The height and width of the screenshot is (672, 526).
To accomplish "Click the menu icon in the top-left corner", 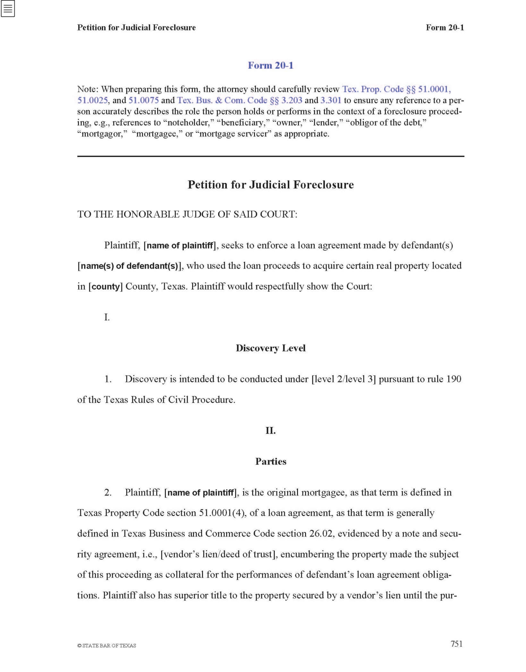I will [x=8, y=9].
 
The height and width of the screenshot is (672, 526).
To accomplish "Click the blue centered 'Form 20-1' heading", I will [x=270, y=65].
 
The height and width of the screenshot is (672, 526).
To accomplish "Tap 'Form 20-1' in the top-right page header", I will [x=445, y=28].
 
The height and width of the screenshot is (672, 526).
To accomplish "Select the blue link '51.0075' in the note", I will [x=143, y=100].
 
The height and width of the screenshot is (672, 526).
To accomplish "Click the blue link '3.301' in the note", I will [x=331, y=100].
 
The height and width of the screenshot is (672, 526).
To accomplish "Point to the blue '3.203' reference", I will [x=292, y=100].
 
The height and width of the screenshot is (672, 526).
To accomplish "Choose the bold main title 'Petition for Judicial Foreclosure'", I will [x=270, y=185].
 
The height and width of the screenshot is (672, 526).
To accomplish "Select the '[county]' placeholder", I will [x=106, y=286].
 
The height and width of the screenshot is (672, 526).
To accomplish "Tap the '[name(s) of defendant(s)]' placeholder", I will [x=129, y=266].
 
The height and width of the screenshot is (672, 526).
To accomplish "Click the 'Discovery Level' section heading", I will [x=270, y=348].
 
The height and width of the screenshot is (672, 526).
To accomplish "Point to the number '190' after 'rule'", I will [x=454, y=379].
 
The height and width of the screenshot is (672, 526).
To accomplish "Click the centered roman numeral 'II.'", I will [x=270, y=430].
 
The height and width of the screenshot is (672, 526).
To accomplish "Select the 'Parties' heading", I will [x=270, y=462].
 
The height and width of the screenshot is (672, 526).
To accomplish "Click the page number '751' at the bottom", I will [x=456, y=644].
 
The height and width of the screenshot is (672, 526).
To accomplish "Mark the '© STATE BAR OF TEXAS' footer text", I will [x=107, y=646].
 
